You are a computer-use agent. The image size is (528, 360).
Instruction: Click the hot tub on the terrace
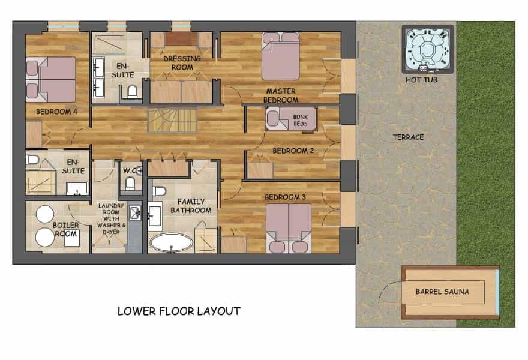click(x=428, y=49)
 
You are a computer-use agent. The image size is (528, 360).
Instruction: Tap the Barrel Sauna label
click(x=442, y=292)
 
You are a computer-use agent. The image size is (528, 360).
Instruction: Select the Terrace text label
click(x=408, y=137)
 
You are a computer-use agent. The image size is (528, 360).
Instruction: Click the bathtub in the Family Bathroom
click(x=171, y=242)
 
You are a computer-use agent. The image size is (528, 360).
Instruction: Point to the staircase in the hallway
click(x=172, y=120)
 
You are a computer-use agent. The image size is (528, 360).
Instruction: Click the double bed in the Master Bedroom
click(x=281, y=56)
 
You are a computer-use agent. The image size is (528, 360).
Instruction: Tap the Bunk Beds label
click(x=301, y=120)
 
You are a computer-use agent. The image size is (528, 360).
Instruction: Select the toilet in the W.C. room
click(x=130, y=184)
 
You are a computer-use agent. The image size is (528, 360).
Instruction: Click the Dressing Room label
click(x=182, y=63)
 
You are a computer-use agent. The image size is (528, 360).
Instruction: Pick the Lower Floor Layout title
click(x=179, y=311)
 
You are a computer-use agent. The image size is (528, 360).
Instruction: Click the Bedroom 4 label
click(x=56, y=112)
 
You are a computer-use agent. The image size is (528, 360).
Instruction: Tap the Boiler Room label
click(x=65, y=229)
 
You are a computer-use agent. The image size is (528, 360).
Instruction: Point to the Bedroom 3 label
click(x=285, y=197)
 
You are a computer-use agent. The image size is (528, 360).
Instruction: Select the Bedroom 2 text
click(x=293, y=151)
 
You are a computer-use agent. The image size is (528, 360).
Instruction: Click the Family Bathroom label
click(x=191, y=206)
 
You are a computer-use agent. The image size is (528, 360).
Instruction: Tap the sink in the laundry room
click(x=134, y=213)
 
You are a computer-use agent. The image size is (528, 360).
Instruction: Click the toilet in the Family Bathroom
click(x=159, y=191)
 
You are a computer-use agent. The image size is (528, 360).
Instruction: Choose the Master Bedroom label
click(x=281, y=95)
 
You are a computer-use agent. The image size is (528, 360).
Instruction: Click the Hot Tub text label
click(x=421, y=80)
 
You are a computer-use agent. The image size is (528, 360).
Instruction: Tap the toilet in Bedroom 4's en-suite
click(x=32, y=159)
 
